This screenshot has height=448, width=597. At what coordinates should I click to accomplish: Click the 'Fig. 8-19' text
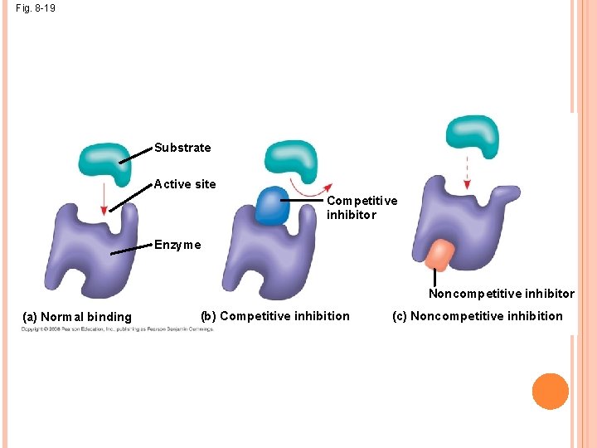(x=36, y=9)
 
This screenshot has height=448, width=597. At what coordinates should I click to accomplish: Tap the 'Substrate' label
(x=182, y=148)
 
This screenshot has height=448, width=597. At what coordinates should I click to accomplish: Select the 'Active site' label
(x=185, y=184)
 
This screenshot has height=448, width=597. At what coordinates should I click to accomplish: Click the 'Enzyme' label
(x=177, y=245)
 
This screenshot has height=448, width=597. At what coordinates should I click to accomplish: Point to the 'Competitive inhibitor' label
(x=362, y=207)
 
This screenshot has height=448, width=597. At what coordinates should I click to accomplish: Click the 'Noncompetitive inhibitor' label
(x=501, y=294)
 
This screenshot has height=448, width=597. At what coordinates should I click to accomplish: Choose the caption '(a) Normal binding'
(x=77, y=316)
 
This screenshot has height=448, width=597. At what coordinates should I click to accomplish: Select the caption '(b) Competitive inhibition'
(x=275, y=315)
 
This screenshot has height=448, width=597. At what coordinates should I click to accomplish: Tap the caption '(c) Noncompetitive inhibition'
(x=487, y=315)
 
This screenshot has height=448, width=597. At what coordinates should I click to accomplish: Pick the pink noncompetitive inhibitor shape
(x=439, y=254)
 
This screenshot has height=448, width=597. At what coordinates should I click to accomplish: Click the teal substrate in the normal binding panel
(x=104, y=163)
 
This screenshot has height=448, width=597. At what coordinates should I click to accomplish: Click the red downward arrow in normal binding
(x=104, y=200)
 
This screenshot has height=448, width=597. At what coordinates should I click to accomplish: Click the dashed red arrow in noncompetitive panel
(x=466, y=174)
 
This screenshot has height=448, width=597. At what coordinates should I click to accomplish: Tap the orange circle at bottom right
(x=551, y=391)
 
